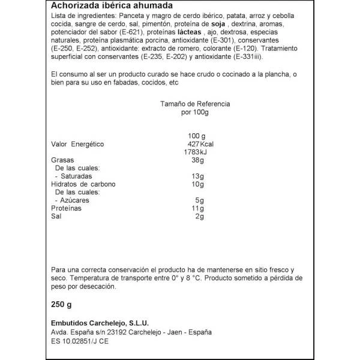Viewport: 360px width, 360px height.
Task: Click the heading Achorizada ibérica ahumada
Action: pos(107,6)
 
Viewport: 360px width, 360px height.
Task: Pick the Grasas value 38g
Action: pos(198,161)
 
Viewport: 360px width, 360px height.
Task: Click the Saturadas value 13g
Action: pos(198,176)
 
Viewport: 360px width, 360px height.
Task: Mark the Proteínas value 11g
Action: pos(199,208)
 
